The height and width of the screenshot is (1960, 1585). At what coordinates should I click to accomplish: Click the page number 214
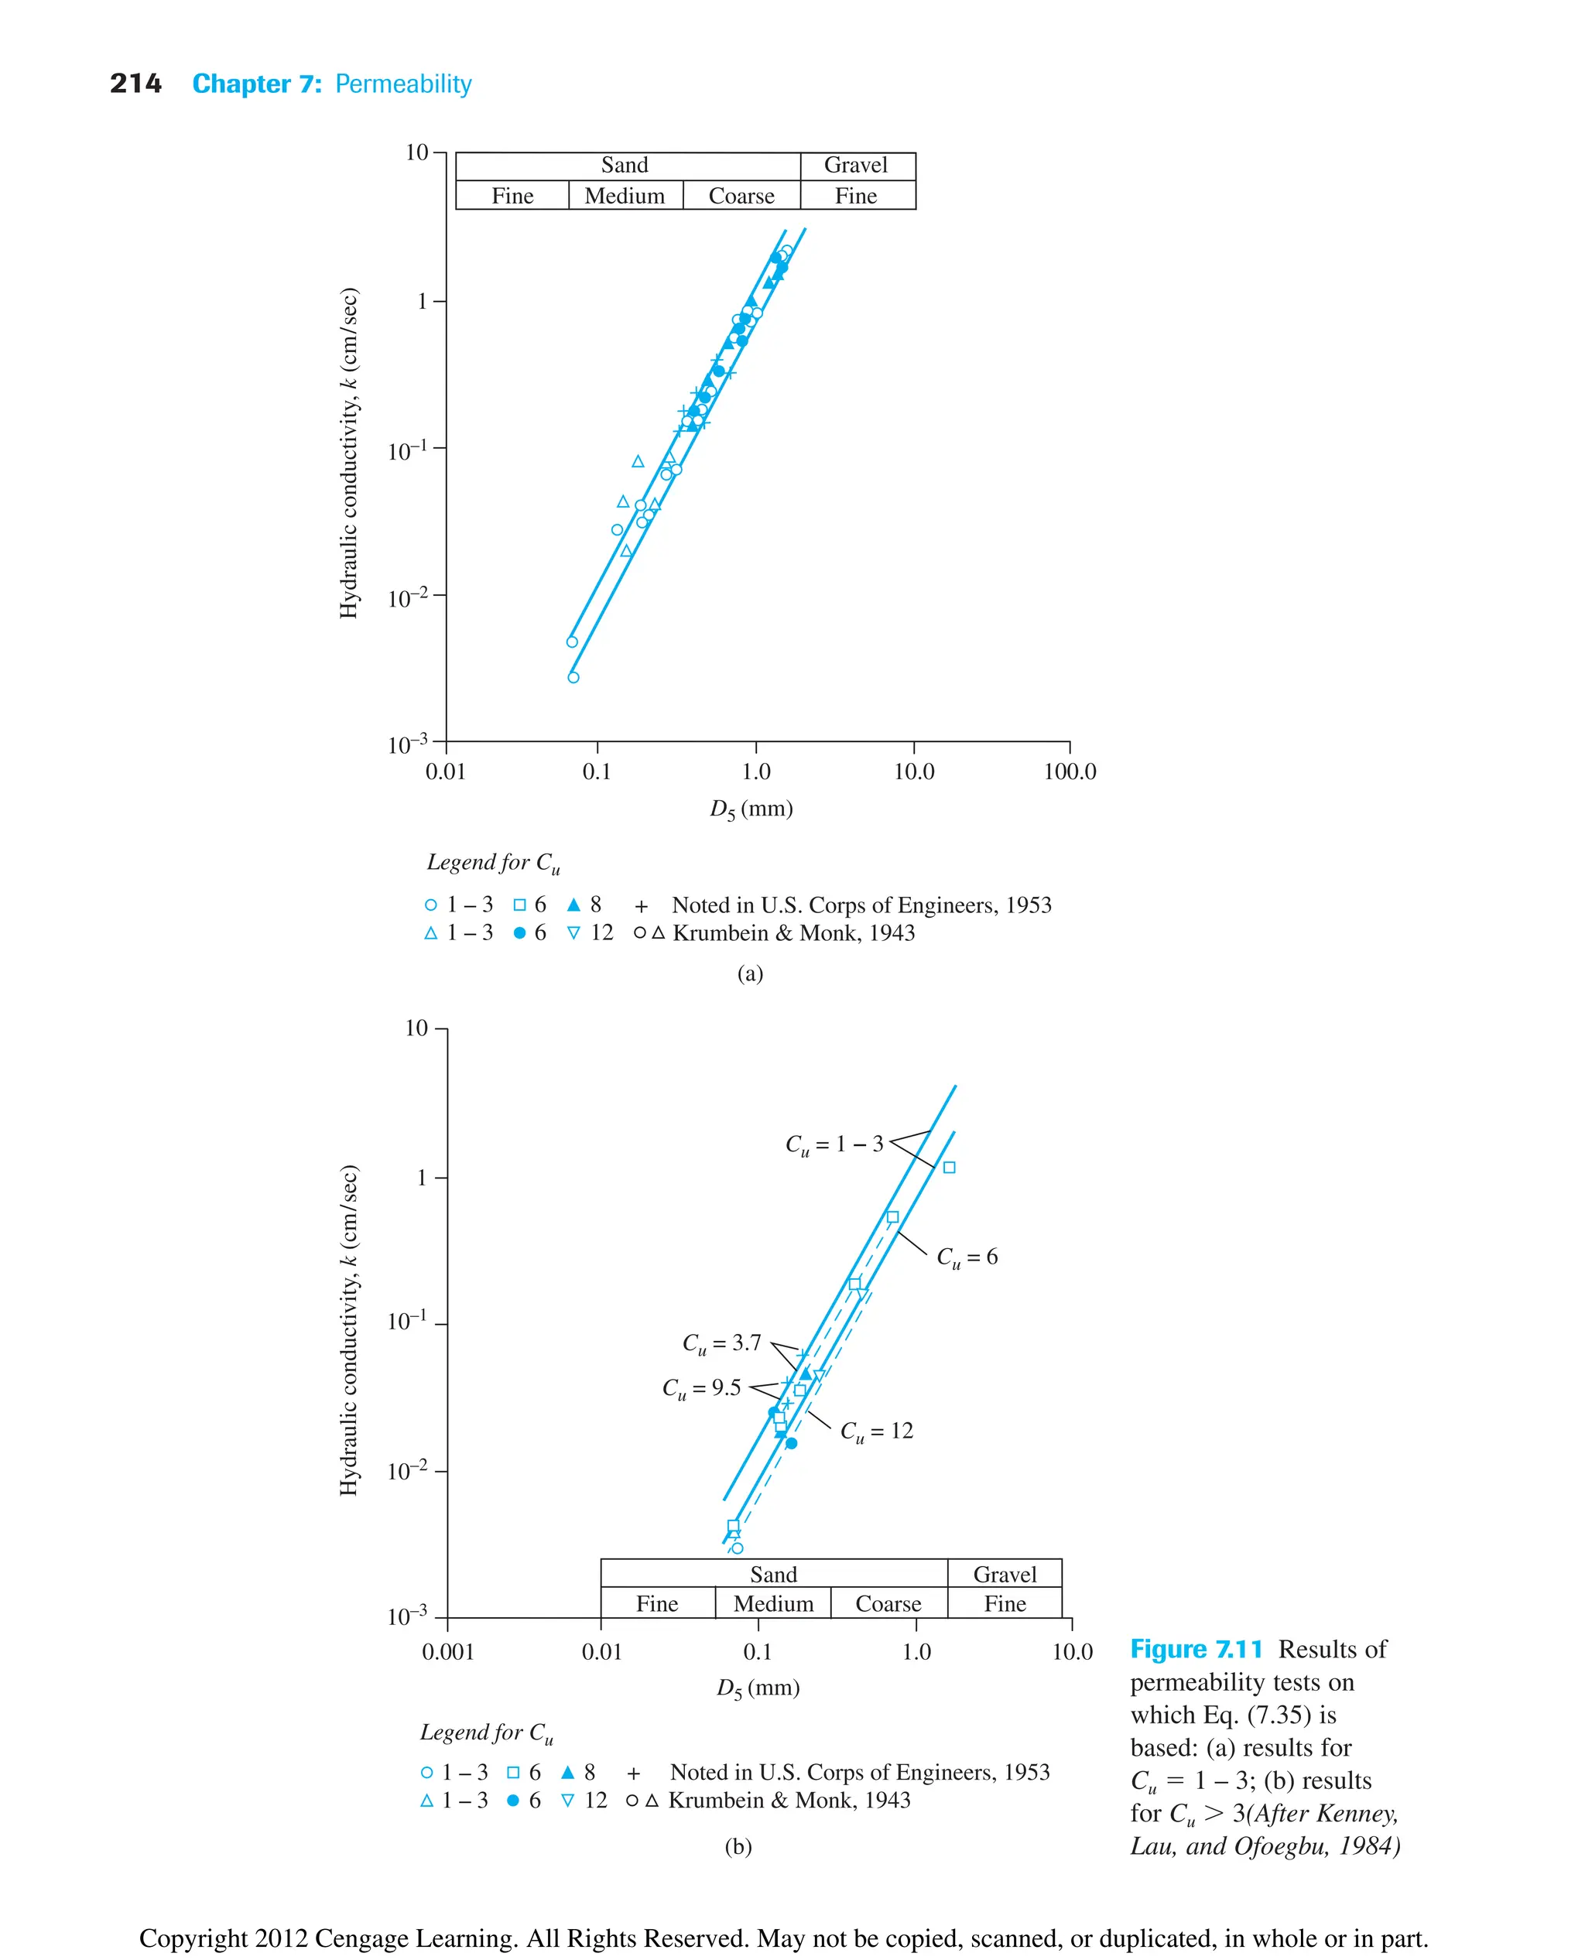135,84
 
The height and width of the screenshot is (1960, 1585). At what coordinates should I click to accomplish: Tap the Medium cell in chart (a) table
625,197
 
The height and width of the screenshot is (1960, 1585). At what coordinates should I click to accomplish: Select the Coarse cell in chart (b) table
888,1604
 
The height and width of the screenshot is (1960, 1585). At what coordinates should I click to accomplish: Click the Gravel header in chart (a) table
855,166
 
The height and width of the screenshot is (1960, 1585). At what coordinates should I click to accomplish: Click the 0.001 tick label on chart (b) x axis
447,1651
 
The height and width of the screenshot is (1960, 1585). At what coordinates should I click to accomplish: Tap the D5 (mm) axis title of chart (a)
751,809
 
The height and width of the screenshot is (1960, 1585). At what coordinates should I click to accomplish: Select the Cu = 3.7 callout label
721,1343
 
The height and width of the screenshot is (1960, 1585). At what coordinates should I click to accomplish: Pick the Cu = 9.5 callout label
701,1388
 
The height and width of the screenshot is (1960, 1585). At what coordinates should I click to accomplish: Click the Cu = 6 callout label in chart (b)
967,1257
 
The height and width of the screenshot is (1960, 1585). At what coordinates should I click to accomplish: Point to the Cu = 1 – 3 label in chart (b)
834,1144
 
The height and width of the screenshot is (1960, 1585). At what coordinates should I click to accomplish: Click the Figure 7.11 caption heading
1196,1650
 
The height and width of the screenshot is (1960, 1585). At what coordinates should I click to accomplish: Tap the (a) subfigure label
750,973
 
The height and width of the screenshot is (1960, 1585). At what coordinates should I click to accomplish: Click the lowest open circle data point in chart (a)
573,677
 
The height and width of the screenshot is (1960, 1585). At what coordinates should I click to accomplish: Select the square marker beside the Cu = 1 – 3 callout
949,1168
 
